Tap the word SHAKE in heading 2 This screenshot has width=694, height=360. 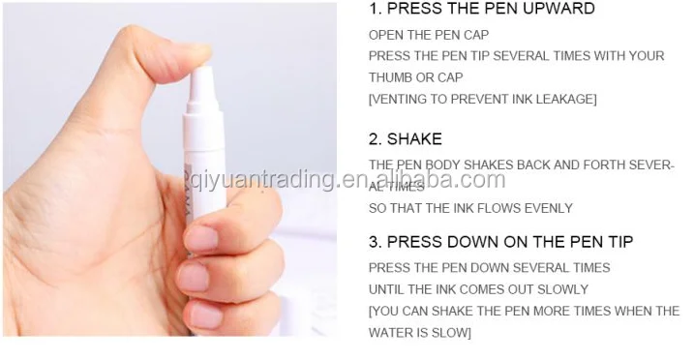coord(414,139)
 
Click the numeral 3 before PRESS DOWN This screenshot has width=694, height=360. coord(374,242)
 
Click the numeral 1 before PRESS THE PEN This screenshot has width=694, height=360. coord(373,9)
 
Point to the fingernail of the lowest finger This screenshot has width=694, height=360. coord(205,315)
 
